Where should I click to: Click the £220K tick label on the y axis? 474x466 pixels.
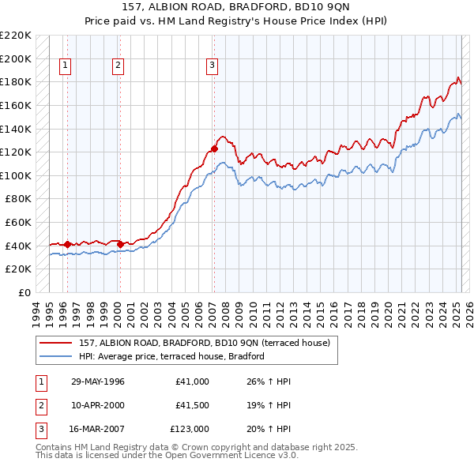[16, 36]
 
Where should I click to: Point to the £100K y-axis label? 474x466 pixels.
[16, 175]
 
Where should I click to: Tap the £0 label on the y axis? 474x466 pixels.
[24, 292]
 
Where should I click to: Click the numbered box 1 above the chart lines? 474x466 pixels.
[64, 66]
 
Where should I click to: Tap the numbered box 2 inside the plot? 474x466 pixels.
[118, 66]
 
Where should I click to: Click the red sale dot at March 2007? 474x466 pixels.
[214, 148]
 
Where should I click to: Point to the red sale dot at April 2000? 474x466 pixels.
[120, 244]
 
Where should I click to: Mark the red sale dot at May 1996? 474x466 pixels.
[68, 244]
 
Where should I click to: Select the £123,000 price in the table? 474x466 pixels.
[190, 429]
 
